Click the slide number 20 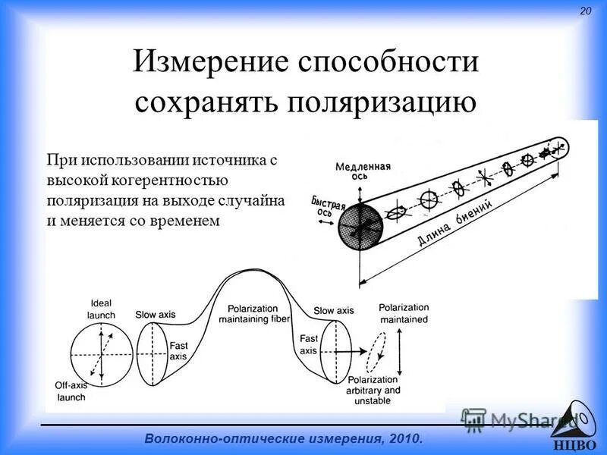point(585,11)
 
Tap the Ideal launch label point(101,309)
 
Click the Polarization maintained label point(403,313)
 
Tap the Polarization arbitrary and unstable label point(373,389)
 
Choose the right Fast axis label point(308,345)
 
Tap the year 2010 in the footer point(401,439)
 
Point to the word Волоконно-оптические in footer point(219,439)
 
